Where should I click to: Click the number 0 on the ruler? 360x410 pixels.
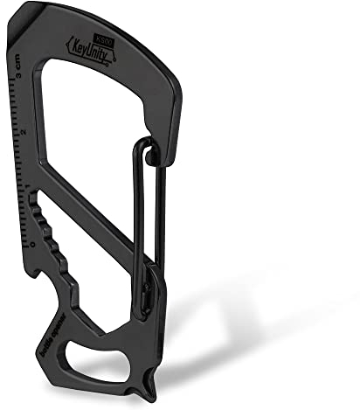pos(32,243)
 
